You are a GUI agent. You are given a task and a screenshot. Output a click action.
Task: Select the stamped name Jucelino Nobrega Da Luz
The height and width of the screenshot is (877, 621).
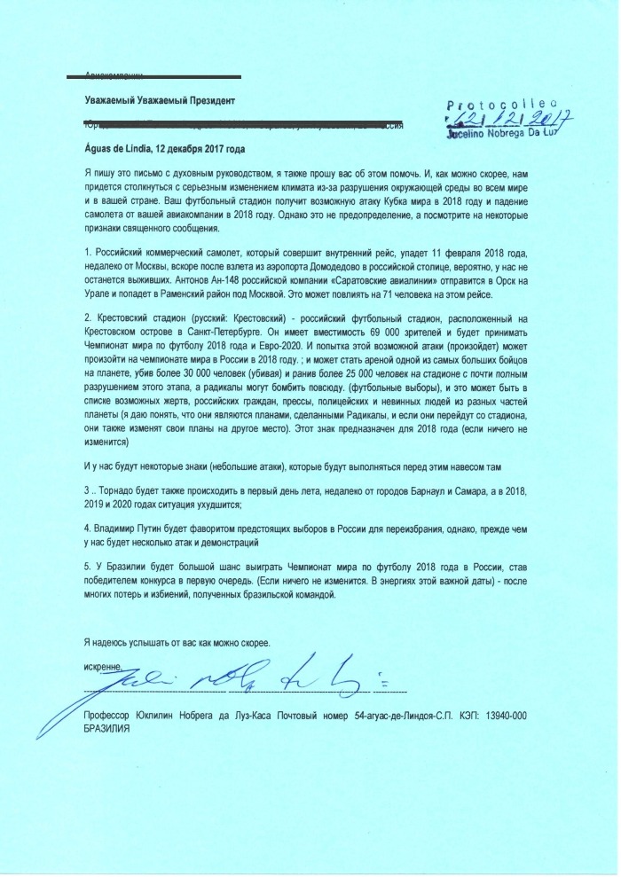click(507, 134)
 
